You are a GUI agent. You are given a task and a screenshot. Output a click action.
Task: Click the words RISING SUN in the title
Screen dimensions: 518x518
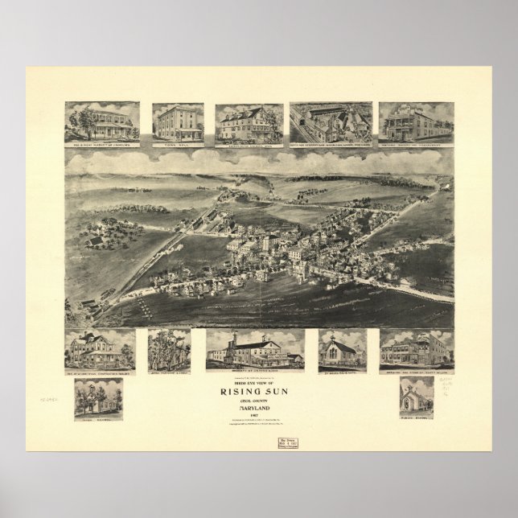[x=259, y=392]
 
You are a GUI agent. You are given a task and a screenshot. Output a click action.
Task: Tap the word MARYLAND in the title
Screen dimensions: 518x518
[x=259, y=408]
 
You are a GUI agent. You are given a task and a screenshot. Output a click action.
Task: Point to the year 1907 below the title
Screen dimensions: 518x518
[x=259, y=416]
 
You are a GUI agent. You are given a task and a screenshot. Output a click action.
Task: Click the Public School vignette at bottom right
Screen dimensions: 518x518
[x=416, y=397]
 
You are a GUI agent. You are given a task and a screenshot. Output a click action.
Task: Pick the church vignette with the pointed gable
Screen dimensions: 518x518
[x=342, y=349]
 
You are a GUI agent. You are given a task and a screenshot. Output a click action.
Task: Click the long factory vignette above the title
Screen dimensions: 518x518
[x=254, y=349]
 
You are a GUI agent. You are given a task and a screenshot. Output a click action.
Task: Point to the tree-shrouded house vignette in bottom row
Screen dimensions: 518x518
[x=169, y=349]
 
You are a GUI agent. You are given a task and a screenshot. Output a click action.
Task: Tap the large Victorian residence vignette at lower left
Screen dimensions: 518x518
[x=100, y=349]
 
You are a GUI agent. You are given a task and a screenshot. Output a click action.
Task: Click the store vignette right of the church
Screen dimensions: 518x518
[x=416, y=349]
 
